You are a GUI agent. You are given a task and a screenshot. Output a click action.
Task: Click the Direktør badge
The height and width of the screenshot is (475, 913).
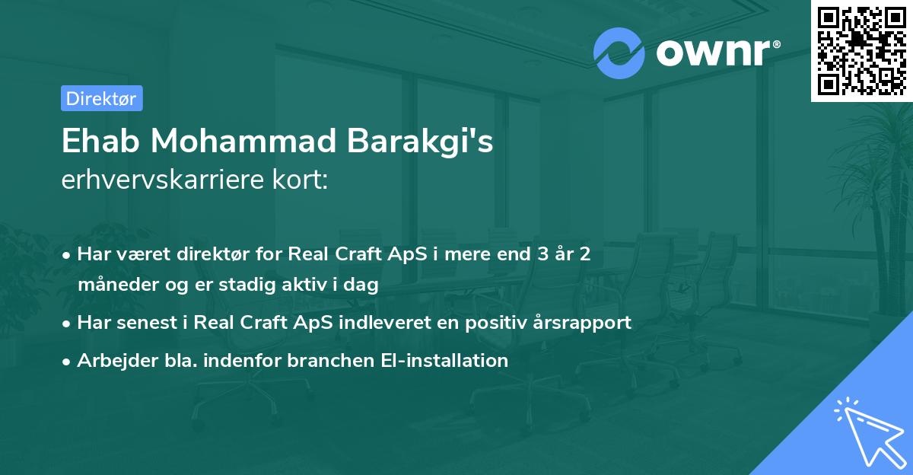[101, 98]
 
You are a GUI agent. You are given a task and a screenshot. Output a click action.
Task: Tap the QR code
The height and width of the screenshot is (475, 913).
[861, 50]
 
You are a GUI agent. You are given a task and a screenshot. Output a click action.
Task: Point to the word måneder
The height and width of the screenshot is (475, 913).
[112, 285]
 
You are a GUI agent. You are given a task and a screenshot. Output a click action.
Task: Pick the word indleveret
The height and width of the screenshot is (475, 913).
[410, 322]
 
